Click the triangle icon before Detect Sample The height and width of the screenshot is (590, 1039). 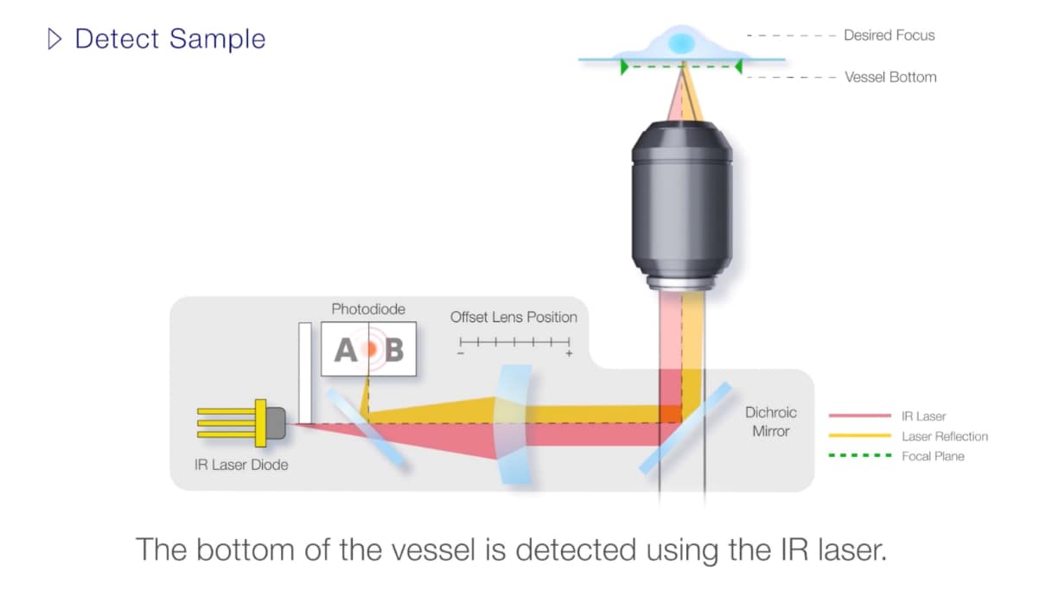pos(55,39)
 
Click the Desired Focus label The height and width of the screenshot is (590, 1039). pos(889,35)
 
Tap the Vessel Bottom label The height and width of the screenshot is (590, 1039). pos(890,77)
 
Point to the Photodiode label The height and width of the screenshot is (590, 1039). pos(368,308)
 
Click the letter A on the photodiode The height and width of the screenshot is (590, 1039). pos(345,350)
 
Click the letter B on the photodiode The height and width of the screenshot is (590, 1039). pos(394,350)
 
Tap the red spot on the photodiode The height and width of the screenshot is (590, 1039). pos(369,349)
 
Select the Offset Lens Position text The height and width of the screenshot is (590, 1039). pos(513,317)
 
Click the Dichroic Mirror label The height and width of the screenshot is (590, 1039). pos(770,422)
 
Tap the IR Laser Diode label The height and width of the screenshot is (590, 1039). pos(241,465)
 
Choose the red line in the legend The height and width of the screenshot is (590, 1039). pos(859,416)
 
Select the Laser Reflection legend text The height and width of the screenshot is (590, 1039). pos(944,436)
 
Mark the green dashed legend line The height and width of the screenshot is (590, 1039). pos(859,455)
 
